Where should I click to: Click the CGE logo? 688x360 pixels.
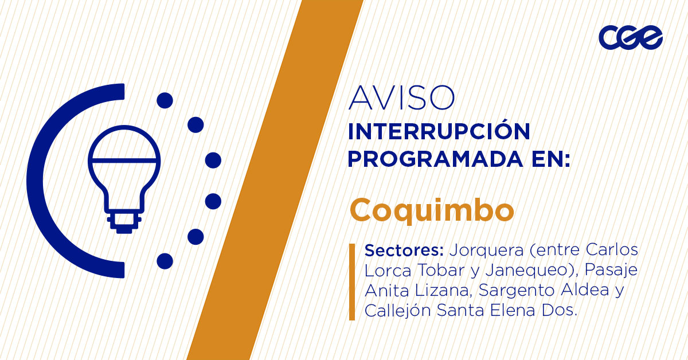click(630, 37)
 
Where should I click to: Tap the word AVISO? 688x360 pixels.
click(401, 98)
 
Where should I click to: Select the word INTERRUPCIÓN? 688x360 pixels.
click(439, 132)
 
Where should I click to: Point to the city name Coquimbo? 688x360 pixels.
click(432, 210)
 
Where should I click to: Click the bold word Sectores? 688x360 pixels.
click(405, 251)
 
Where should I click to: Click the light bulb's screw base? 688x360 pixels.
click(123, 221)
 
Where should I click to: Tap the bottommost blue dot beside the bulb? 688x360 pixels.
click(165, 261)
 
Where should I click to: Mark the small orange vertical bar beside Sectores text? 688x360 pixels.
click(352, 281)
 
